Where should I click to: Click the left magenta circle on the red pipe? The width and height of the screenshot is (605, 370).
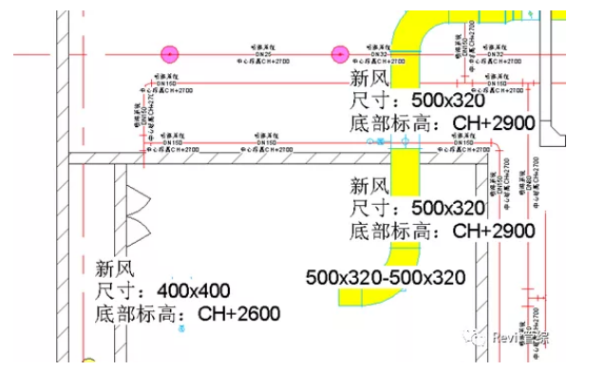click(x=171, y=55)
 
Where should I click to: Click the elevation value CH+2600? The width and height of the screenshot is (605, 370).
click(x=238, y=312)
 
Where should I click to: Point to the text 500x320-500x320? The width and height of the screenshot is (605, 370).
click(x=385, y=277)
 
